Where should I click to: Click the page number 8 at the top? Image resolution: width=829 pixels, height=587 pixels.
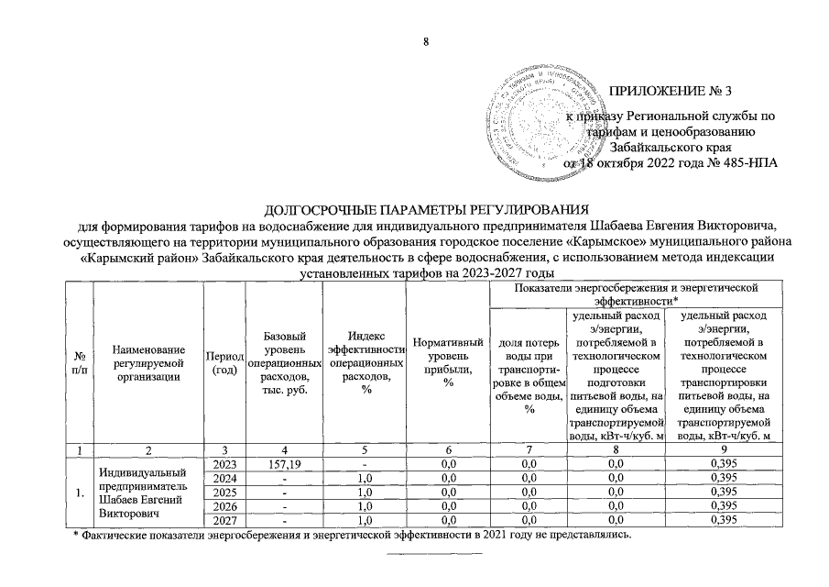pyautogui.click(x=424, y=41)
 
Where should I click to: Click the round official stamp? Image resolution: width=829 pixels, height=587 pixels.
pyautogui.click(x=548, y=116)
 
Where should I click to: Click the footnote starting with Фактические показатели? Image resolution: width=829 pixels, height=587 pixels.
pyautogui.click(x=353, y=535)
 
